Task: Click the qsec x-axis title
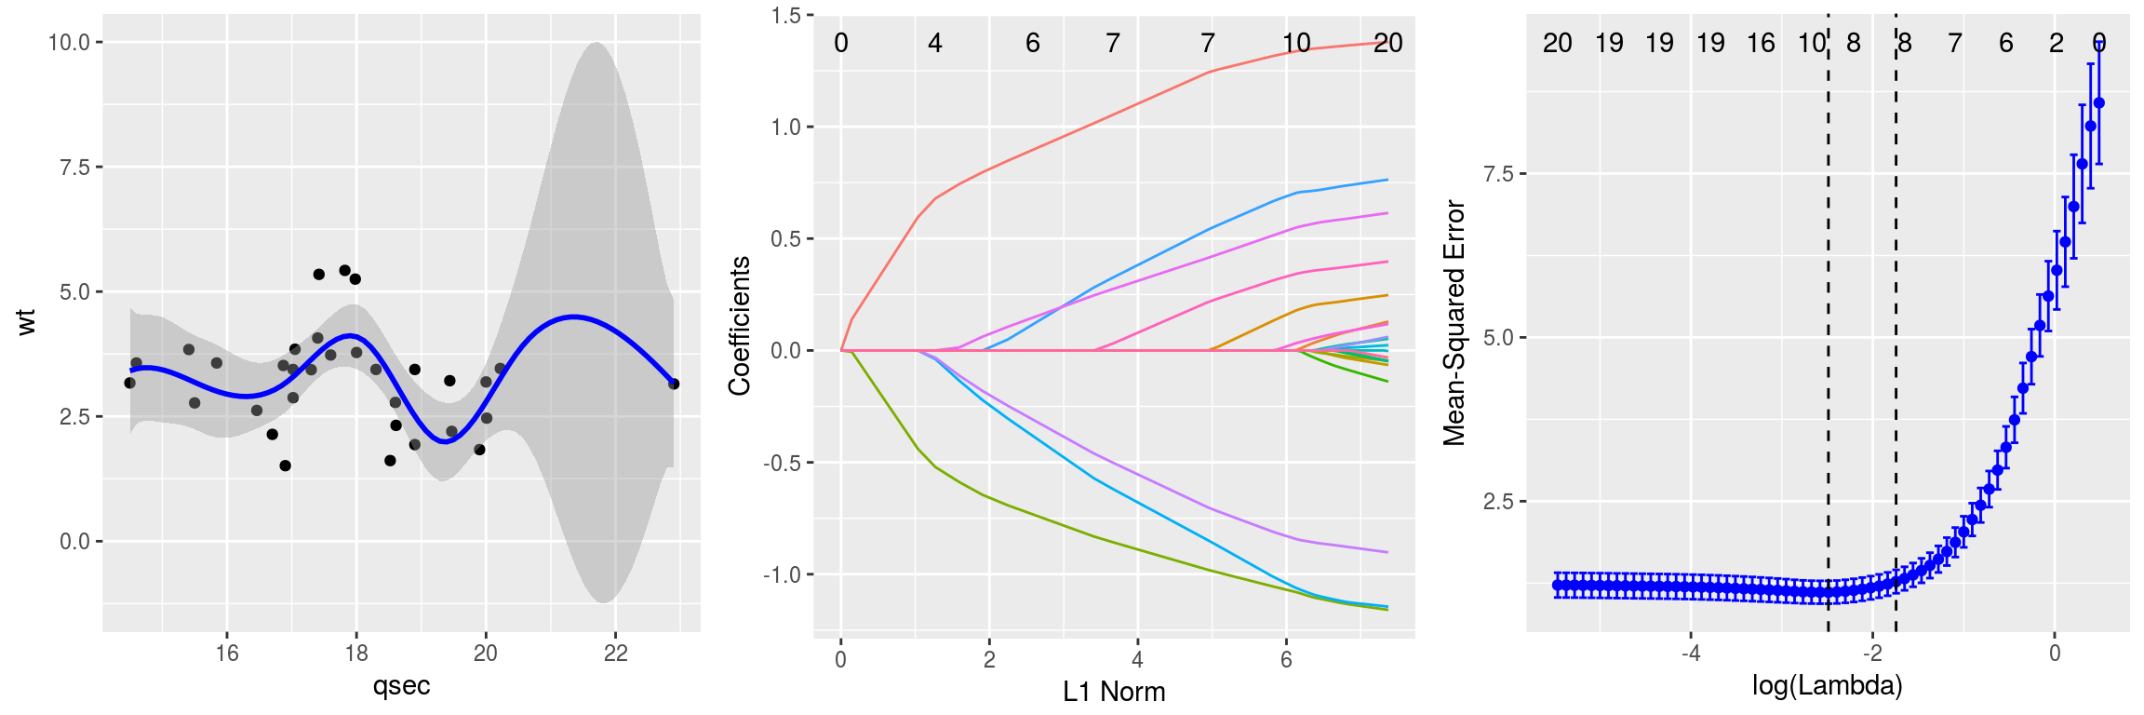pos(401,686)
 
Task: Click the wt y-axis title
pos(27,321)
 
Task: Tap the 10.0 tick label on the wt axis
pos(69,43)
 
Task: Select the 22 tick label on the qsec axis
pos(615,654)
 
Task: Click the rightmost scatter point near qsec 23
pos(674,384)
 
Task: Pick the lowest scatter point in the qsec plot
pos(285,465)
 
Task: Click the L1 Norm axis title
pos(1114,692)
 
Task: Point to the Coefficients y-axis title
pos(740,326)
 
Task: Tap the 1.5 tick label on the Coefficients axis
pos(786,16)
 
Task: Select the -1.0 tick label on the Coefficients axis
pos(783,575)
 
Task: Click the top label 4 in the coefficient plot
pos(935,43)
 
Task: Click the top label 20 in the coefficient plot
pos(1387,43)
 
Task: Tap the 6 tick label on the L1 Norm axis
pos(1286,660)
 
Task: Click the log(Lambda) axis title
pos(1827,686)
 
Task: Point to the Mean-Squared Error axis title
pos(1454,323)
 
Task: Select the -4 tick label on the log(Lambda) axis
pos(1690,654)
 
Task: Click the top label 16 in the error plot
pos(1761,43)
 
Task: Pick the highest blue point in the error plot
pos(2098,103)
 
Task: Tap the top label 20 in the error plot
pos(1557,43)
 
